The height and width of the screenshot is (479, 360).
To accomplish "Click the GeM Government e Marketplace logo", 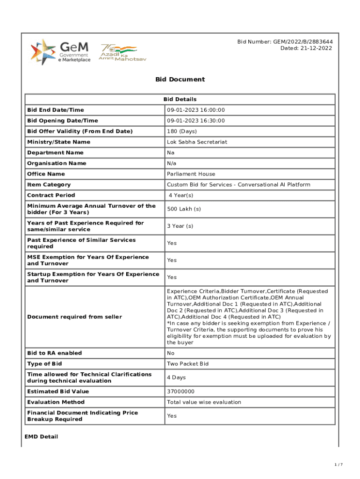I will (x=60, y=52).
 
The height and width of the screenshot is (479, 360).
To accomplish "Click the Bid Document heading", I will (x=180, y=80).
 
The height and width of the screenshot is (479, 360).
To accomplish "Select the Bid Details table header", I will (x=180, y=99).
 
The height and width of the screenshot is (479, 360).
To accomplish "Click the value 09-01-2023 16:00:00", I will (x=195, y=110).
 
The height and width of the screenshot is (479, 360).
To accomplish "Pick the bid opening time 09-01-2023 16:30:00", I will (x=195, y=121).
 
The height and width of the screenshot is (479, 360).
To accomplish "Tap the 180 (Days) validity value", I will (x=182, y=131).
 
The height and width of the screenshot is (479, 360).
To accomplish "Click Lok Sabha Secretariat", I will (x=197, y=142).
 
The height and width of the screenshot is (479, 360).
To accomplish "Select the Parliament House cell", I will (x=191, y=174).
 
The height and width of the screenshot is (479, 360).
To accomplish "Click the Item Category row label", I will (x=49, y=185).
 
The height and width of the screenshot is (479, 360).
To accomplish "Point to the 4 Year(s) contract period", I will (x=181, y=196).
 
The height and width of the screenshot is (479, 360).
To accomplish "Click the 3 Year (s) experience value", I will (x=180, y=226).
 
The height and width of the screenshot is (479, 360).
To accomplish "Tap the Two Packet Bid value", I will (x=187, y=364).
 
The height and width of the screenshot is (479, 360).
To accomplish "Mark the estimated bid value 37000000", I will (x=180, y=392).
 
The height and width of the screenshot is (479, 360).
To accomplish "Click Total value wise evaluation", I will (x=204, y=402).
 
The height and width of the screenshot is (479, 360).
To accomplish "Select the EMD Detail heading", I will (x=41, y=437).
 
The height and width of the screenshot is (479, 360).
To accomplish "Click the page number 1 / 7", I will (x=338, y=464).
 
